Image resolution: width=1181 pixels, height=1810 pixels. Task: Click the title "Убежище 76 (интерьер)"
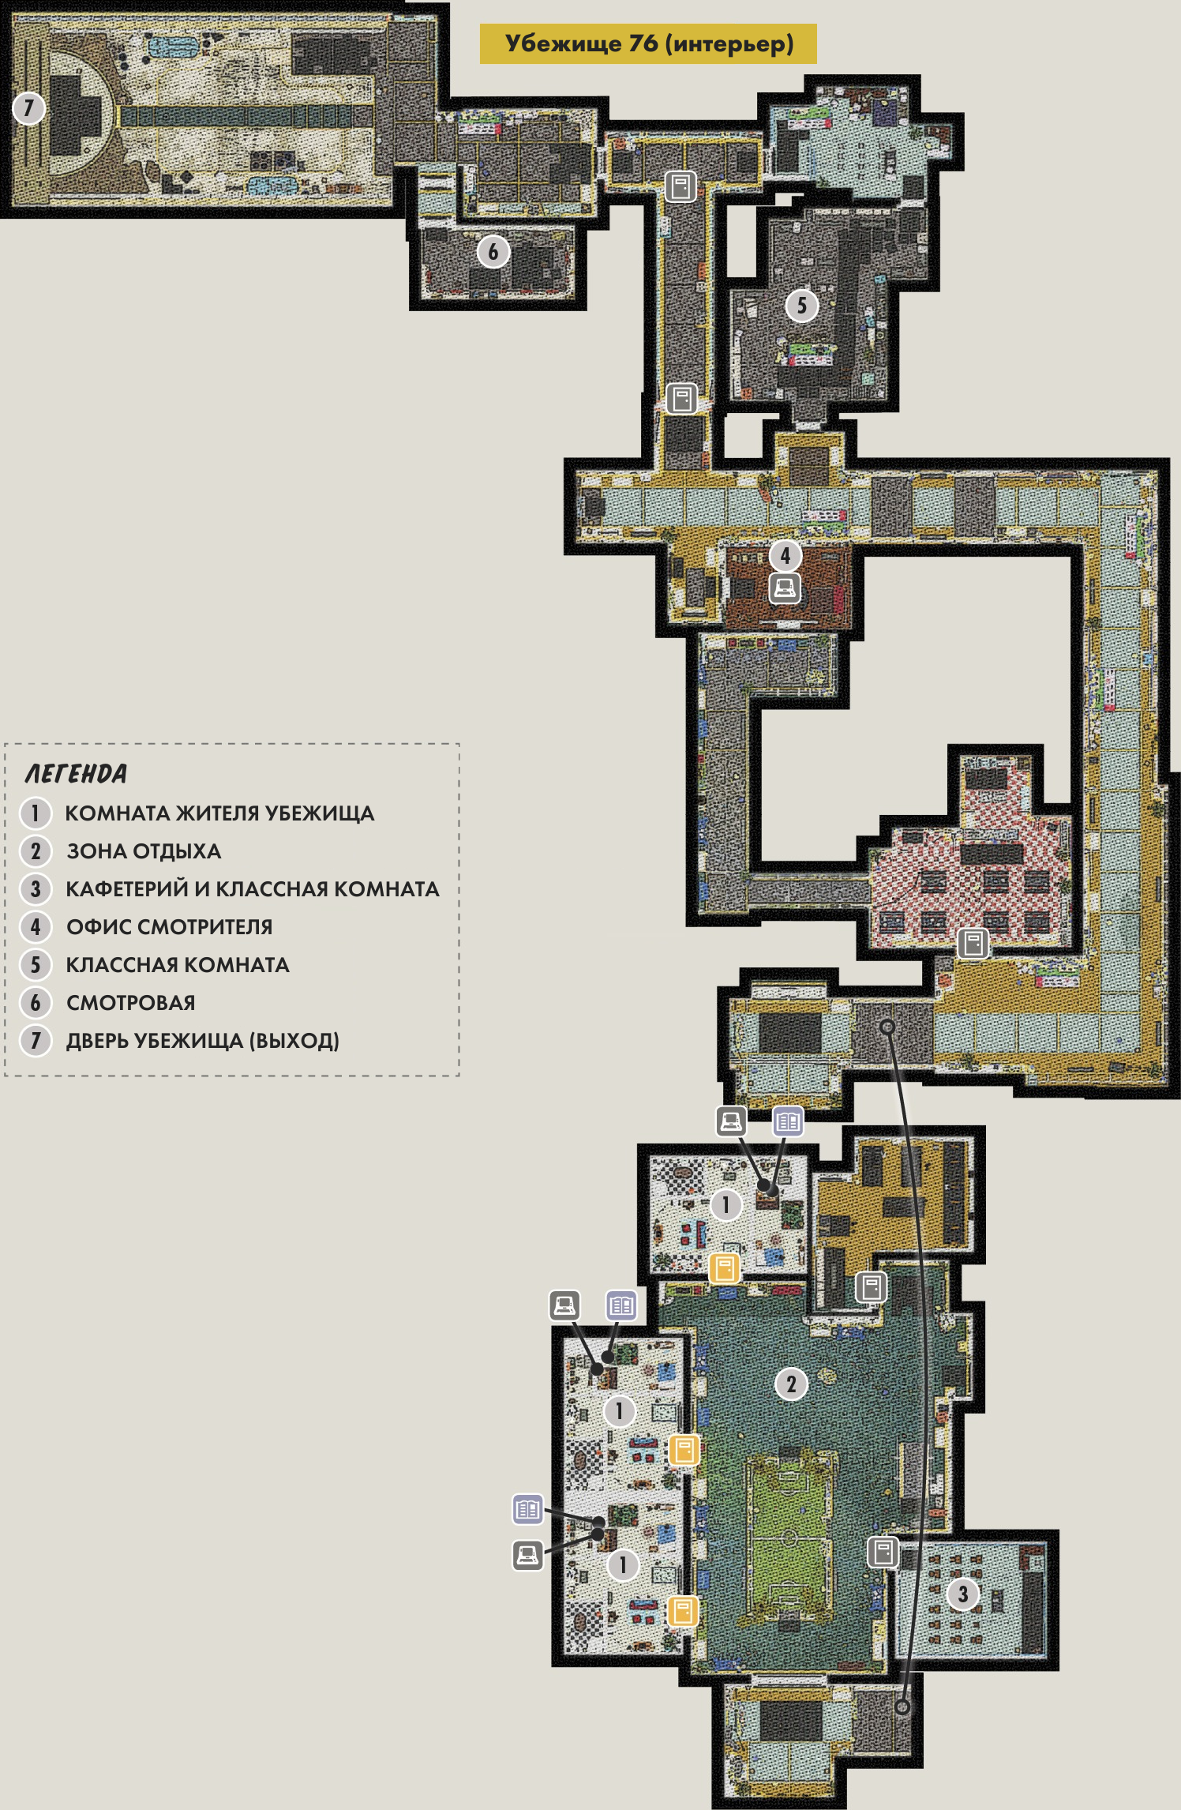(x=649, y=43)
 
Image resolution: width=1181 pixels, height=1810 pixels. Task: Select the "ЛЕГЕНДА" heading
(x=76, y=774)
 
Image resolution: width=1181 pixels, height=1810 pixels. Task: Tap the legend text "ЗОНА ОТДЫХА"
(x=144, y=851)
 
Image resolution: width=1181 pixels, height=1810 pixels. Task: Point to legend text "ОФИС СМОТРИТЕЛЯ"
(x=169, y=927)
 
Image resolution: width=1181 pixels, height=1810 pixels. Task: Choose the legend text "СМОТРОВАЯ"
(x=130, y=1003)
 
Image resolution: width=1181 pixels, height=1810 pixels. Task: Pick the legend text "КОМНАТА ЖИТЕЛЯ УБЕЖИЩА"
(x=219, y=813)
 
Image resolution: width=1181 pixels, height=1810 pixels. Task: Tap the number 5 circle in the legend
(x=36, y=965)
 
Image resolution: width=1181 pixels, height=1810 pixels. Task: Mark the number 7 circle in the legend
(x=36, y=1041)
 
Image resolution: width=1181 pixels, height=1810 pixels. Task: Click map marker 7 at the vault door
(x=29, y=107)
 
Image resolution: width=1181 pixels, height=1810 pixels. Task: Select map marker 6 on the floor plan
(x=493, y=252)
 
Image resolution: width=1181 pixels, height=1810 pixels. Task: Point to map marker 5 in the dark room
(x=801, y=306)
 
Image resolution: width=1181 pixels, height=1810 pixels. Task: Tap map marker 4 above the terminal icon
(x=785, y=556)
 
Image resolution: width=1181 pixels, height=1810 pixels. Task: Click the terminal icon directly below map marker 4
(x=785, y=588)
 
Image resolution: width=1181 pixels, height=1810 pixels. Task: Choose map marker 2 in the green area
(x=791, y=1384)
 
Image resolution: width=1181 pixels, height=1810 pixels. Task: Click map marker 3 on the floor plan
(x=962, y=1594)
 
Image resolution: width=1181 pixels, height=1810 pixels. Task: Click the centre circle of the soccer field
(x=788, y=1538)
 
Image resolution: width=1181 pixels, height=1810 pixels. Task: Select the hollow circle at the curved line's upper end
(x=887, y=1027)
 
